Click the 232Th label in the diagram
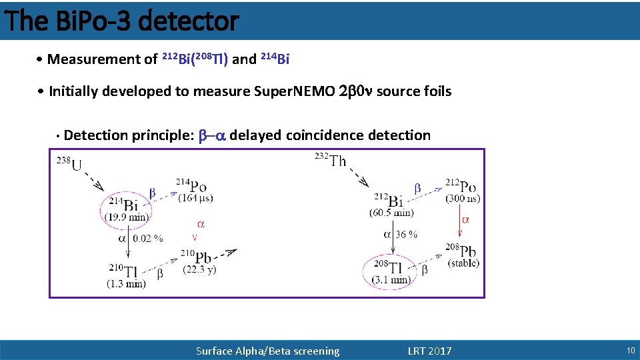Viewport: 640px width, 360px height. click(x=330, y=160)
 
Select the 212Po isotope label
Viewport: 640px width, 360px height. click(x=461, y=185)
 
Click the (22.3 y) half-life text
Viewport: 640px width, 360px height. click(x=201, y=269)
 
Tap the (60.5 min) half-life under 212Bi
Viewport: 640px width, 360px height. click(x=391, y=213)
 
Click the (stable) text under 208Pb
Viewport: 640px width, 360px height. click(x=462, y=263)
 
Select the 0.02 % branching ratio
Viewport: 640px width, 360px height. click(x=148, y=238)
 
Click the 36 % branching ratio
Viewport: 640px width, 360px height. click(x=407, y=234)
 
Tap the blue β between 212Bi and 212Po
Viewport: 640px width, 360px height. click(x=418, y=189)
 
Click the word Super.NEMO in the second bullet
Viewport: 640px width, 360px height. click(x=295, y=91)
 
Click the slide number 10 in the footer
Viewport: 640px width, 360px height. click(x=630, y=351)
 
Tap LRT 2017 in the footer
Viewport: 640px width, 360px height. click(x=429, y=351)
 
